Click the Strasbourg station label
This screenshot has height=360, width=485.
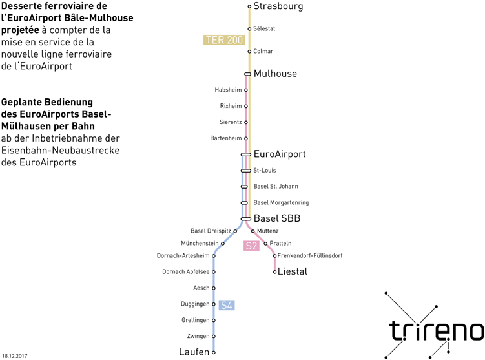278,6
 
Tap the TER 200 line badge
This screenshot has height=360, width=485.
224,40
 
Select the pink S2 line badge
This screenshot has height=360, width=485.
251,246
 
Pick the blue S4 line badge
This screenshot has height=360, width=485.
227,305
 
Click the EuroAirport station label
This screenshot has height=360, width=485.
280,154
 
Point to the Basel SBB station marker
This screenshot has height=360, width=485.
246,219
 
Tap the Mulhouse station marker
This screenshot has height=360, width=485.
248,74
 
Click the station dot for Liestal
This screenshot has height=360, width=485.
274,272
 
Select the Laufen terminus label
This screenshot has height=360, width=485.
194,352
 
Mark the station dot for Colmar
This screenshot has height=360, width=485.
249,52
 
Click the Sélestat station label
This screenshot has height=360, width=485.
264,29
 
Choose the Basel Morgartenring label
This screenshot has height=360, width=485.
281,203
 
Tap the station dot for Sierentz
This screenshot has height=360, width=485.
246,122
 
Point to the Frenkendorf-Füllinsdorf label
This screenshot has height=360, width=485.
310,256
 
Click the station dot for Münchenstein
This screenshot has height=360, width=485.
223,244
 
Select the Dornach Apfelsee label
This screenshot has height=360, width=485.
186,272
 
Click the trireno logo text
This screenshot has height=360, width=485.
437,331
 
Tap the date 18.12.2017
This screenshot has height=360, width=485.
15,356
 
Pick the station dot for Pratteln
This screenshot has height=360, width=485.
265,244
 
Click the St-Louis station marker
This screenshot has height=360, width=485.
246,171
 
